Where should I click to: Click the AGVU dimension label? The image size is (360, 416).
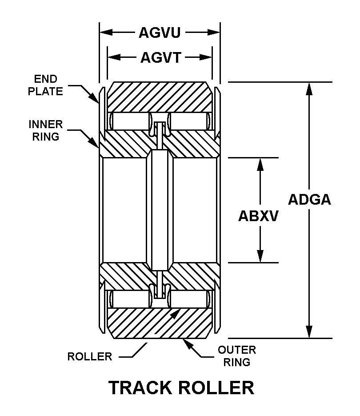point(160,32)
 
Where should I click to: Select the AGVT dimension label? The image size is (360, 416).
point(161,57)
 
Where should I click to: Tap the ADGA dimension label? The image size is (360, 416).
point(309,199)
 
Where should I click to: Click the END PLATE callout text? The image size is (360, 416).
point(45,85)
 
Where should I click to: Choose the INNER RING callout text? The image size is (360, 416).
point(46,130)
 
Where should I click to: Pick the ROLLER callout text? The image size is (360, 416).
point(90,356)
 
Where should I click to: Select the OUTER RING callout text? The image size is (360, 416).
point(236,356)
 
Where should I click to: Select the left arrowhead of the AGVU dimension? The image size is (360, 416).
point(105,32)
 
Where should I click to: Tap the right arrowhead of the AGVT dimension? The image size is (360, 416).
point(206,57)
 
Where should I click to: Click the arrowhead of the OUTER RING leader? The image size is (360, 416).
point(187,343)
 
